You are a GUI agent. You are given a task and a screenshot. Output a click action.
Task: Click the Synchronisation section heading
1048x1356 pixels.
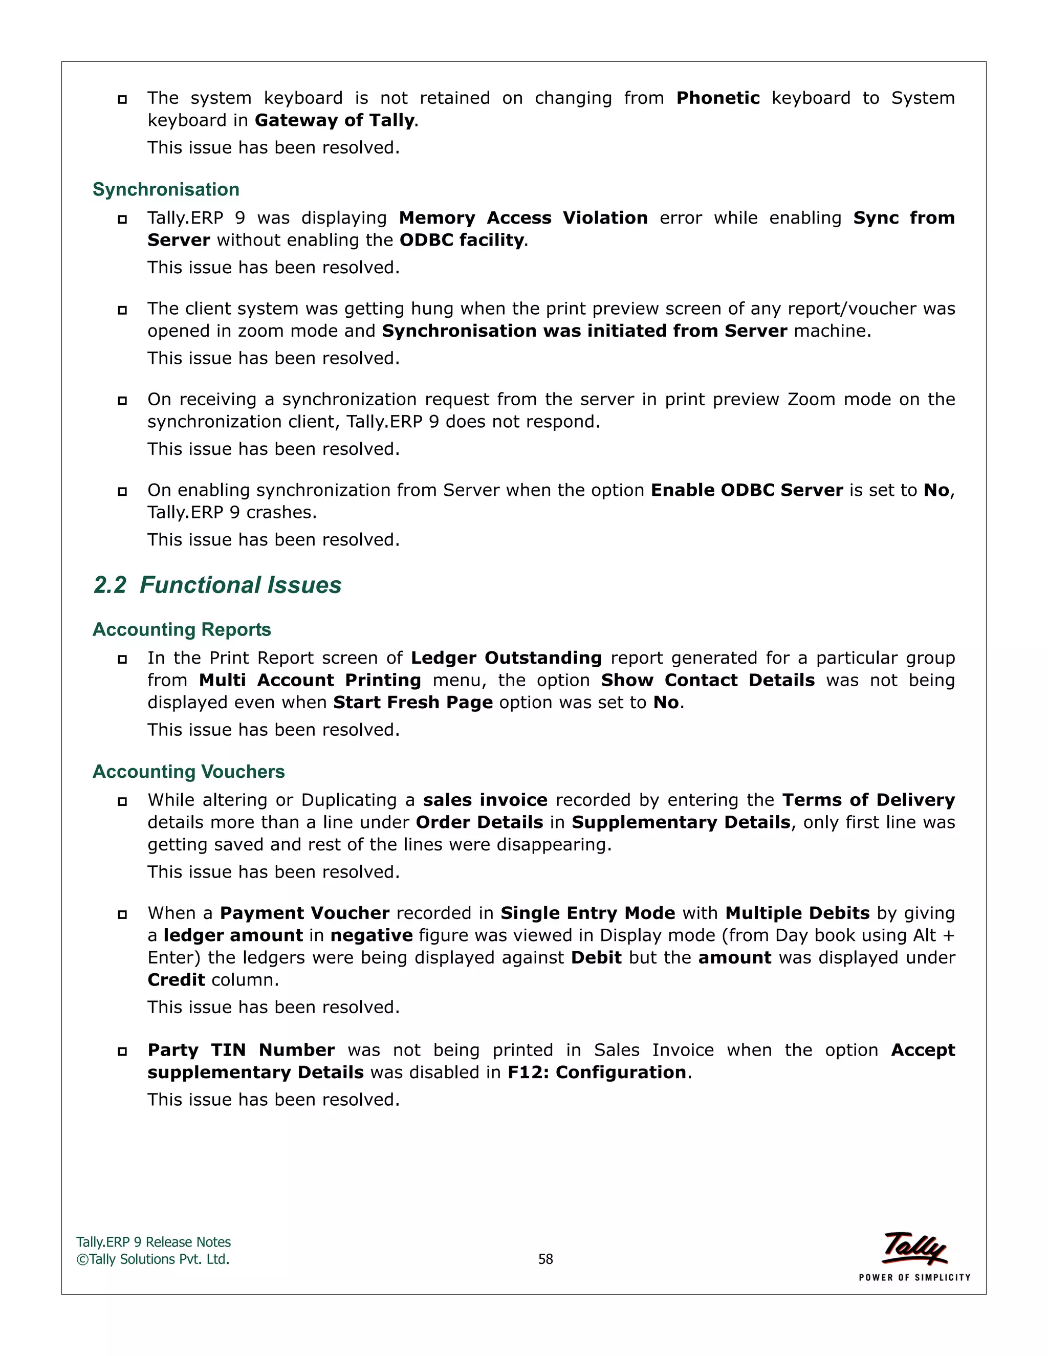pyautogui.click(x=166, y=189)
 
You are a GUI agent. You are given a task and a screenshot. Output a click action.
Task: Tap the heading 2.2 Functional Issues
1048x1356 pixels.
pyautogui.click(x=217, y=585)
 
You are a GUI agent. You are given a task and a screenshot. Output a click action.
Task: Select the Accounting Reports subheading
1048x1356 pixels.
pyautogui.click(x=181, y=629)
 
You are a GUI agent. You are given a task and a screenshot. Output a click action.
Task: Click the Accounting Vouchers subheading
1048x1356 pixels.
pyautogui.click(x=188, y=771)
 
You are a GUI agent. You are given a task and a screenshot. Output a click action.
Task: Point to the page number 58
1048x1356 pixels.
pyautogui.click(x=545, y=1259)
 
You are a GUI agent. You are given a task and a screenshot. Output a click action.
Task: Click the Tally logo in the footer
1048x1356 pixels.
pyautogui.click(x=914, y=1248)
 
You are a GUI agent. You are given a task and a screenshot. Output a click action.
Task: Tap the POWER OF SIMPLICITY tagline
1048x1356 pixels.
pyautogui.click(x=914, y=1277)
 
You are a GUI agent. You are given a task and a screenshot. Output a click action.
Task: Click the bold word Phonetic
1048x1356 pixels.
pyautogui.click(x=718, y=98)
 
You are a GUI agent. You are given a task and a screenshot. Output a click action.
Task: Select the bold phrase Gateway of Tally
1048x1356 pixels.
pyautogui.click(x=335, y=120)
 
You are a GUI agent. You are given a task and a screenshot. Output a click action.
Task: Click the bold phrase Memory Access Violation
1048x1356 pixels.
pyautogui.click(x=523, y=218)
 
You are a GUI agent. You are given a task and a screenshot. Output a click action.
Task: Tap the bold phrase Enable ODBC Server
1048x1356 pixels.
pyautogui.click(x=746, y=491)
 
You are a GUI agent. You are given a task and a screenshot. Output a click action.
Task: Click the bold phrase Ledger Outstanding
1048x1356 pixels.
pyautogui.click(x=506, y=658)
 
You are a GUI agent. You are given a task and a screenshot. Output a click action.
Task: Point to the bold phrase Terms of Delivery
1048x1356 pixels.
pyautogui.click(x=868, y=800)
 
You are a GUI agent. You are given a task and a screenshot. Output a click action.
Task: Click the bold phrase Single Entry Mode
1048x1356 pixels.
pyautogui.click(x=587, y=913)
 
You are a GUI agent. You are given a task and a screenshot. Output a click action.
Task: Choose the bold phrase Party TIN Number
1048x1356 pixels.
pyautogui.click(x=241, y=1051)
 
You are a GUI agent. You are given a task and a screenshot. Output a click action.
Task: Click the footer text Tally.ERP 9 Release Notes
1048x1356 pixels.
pyautogui.click(x=154, y=1242)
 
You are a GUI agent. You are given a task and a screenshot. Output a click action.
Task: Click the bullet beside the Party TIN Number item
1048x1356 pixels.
pyautogui.click(x=122, y=1051)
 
